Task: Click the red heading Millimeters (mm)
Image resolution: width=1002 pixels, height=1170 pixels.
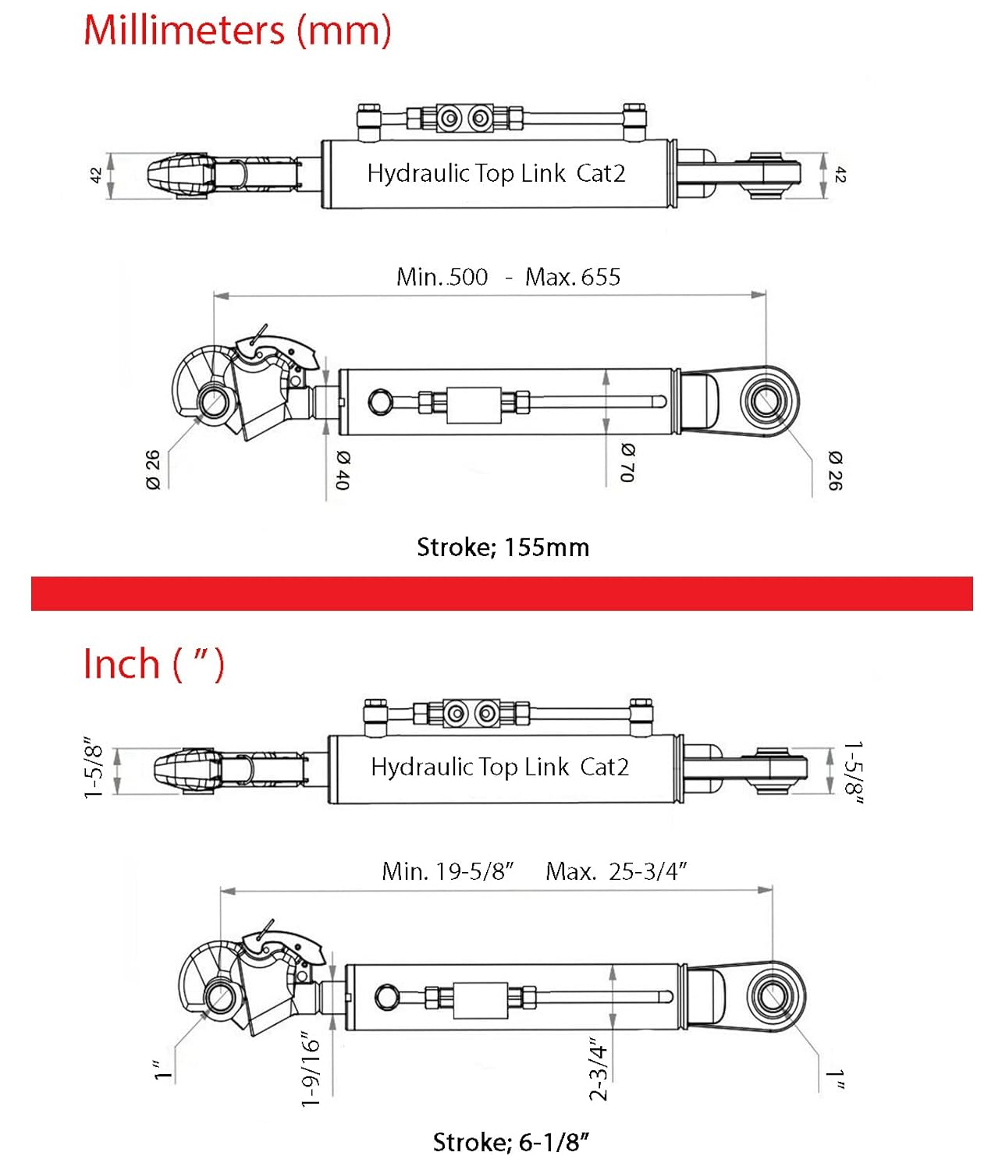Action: (x=237, y=31)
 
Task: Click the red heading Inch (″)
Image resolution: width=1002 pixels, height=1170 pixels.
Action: (x=154, y=665)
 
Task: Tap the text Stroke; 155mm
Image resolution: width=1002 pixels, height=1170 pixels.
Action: (x=503, y=548)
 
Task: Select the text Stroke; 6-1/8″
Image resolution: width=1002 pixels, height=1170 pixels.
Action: (x=511, y=1143)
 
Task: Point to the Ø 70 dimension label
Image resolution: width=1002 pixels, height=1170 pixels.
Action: (x=627, y=463)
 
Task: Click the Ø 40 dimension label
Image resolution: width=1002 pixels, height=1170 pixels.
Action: (x=343, y=470)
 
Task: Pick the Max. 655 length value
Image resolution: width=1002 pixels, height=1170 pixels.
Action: (x=573, y=277)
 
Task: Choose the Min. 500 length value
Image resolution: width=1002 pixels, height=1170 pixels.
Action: (x=442, y=277)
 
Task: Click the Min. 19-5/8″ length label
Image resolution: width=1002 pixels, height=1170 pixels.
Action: (x=448, y=871)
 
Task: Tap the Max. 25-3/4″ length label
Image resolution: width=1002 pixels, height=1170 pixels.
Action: (x=616, y=871)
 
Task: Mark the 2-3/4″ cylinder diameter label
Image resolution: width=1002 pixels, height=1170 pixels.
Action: (x=598, y=1069)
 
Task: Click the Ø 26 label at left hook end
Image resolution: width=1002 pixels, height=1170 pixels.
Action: (x=153, y=470)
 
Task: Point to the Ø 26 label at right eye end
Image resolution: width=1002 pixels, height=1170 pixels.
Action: (x=835, y=470)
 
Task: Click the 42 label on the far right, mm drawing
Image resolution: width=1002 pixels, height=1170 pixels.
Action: (x=840, y=175)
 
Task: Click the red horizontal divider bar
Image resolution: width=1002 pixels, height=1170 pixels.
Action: (x=502, y=594)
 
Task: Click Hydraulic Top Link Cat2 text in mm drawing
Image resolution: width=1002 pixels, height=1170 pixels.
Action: (x=496, y=173)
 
